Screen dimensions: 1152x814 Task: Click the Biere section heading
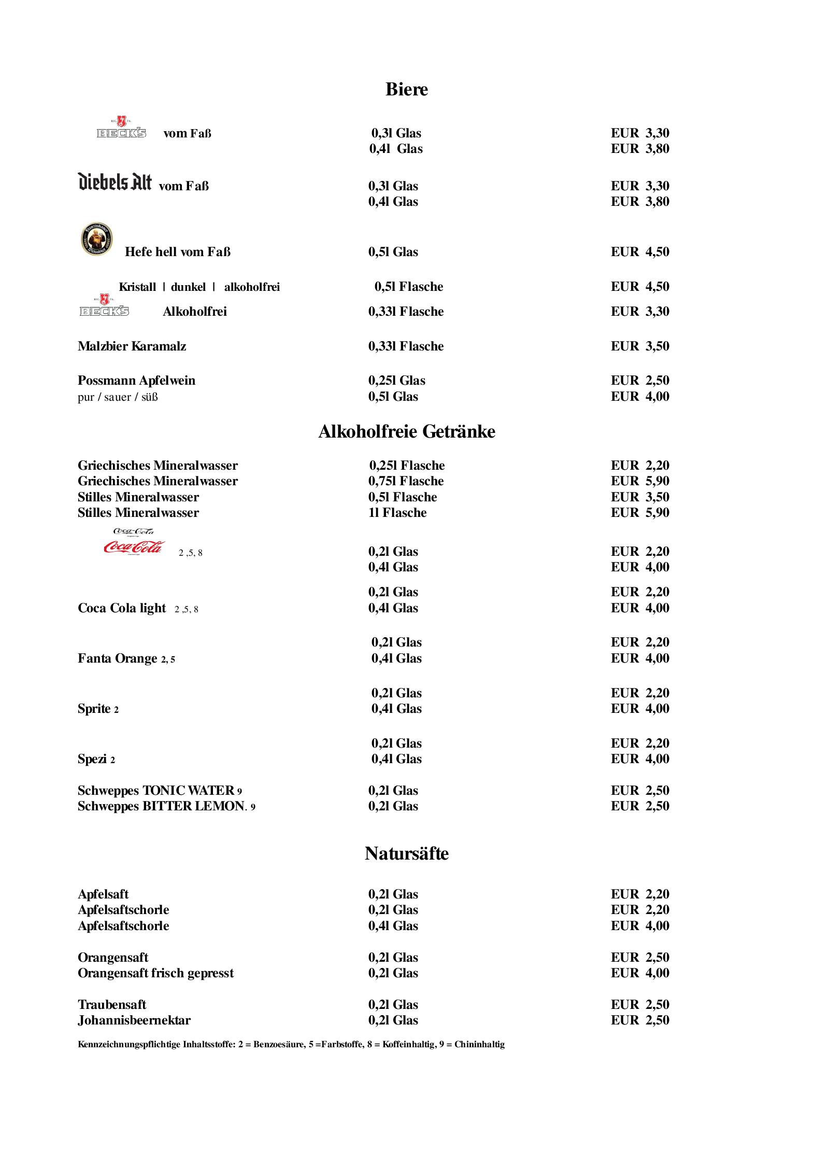[x=406, y=89]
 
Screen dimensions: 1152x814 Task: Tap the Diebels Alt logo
[x=115, y=182]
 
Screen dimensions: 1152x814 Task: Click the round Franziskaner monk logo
[x=97, y=239]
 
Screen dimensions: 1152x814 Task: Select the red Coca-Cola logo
[x=134, y=547]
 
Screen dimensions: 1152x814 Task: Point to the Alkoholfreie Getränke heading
[x=406, y=431]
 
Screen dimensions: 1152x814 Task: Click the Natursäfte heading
[x=406, y=853]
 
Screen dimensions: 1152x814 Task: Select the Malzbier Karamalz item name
[x=132, y=346]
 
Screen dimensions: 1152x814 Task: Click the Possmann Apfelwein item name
[x=136, y=381]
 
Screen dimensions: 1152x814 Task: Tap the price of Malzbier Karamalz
[x=639, y=346]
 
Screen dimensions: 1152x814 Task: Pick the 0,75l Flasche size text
[x=406, y=481]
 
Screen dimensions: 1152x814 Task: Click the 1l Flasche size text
[x=397, y=513]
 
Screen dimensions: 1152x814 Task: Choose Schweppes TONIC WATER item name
[x=156, y=791]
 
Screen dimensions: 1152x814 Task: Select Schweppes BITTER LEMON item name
[x=162, y=806]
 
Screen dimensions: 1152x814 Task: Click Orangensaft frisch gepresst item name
[x=155, y=973]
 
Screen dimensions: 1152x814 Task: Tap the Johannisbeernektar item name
[x=134, y=1020]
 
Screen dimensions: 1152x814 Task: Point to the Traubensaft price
[x=639, y=1005]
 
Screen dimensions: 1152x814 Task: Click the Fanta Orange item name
[x=118, y=658]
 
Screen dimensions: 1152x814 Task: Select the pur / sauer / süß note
[x=118, y=398]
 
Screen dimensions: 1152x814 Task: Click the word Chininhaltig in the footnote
[x=479, y=1044]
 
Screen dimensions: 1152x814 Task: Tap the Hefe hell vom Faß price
[x=639, y=252]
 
